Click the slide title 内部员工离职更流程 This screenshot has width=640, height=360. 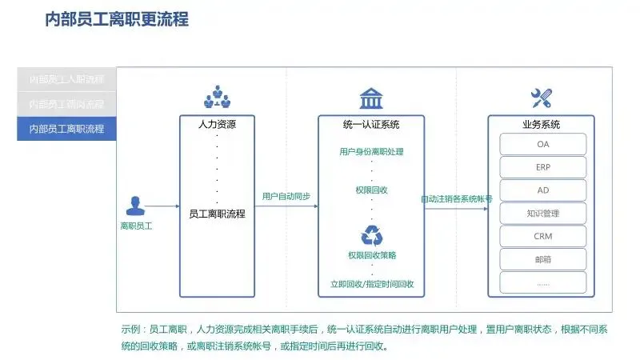tap(117, 19)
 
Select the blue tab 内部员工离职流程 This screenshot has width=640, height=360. tap(67, 128)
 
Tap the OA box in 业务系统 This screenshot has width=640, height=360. tap(543, 144)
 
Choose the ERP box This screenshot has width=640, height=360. tap(543, 167)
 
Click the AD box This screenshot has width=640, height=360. tap(543, 190)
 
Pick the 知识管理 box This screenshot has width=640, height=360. tap(543, 214)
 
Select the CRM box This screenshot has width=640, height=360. tap(543, 236)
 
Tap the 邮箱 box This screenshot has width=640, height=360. tap(543, 259)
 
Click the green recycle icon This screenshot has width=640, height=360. tap(372, 235)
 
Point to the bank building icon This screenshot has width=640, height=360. tap(370, 99)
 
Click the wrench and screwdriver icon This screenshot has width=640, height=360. tap(542, 99)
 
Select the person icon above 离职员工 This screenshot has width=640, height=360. tap(135, 206)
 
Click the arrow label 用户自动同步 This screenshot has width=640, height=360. tap(286, 196)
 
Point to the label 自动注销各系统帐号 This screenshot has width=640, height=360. tap(456, 198)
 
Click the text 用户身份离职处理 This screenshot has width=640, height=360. tap(371, 151)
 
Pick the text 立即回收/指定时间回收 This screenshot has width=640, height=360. tap(371, 284)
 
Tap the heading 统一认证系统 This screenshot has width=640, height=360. tap(371, 125)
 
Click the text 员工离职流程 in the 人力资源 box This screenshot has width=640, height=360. tap(217, 214)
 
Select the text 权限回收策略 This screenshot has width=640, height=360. tap(371, 255)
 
